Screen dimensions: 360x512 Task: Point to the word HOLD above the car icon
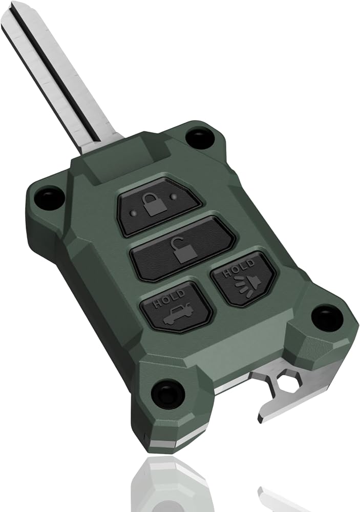click(x=169, y=298)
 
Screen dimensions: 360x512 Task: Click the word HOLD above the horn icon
click(x=238, y=268)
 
